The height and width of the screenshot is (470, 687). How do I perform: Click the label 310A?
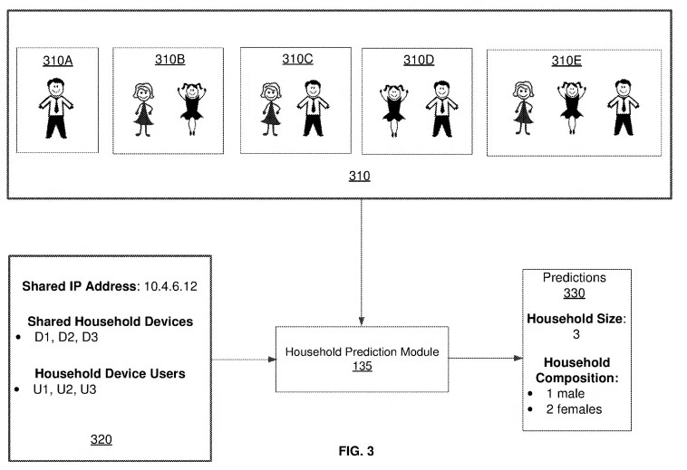coord(57,61)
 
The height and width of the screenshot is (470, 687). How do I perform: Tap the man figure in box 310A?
coord(56,108)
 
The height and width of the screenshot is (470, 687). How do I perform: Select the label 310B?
coord(170,60)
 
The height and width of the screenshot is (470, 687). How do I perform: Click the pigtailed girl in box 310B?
coord(192,109)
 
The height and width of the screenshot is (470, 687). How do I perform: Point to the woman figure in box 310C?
coord(271,109)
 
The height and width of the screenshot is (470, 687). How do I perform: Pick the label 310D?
coord(419,60)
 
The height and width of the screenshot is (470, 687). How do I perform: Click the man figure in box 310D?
coord(442,109)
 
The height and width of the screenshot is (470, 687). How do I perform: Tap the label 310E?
coord(566,61)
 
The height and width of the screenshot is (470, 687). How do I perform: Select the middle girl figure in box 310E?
coord(572,107)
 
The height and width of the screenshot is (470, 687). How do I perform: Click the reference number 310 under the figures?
coord(360,176)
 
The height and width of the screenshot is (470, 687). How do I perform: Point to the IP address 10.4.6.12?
coord(170,286)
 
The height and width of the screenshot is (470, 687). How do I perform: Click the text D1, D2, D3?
coord(66,337)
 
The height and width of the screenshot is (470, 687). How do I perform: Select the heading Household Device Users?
coord(110,373)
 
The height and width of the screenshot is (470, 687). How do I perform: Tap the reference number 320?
coord(102,439)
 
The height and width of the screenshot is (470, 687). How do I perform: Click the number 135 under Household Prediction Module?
coord(363,366)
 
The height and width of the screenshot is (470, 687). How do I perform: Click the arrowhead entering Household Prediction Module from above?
coord(362,321)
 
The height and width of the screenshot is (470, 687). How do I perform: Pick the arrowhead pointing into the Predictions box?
coord(518,358)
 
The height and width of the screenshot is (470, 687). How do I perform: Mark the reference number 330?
coord(575,293)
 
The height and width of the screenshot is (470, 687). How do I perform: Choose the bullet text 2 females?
coord(574,409)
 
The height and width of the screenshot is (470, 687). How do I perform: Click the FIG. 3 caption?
coord(356,451)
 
